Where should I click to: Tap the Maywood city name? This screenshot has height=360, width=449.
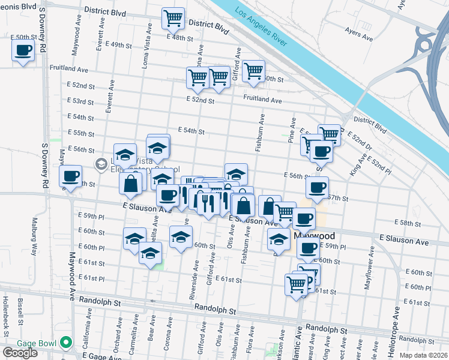tap(315, 236)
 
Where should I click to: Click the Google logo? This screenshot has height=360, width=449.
tap(20, 353)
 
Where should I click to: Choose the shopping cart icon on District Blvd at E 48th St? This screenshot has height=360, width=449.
tap(173, 19)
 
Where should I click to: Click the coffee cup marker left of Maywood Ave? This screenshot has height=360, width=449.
tap(70, 176)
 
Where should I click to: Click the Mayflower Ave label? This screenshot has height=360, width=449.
tap(367, 268)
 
